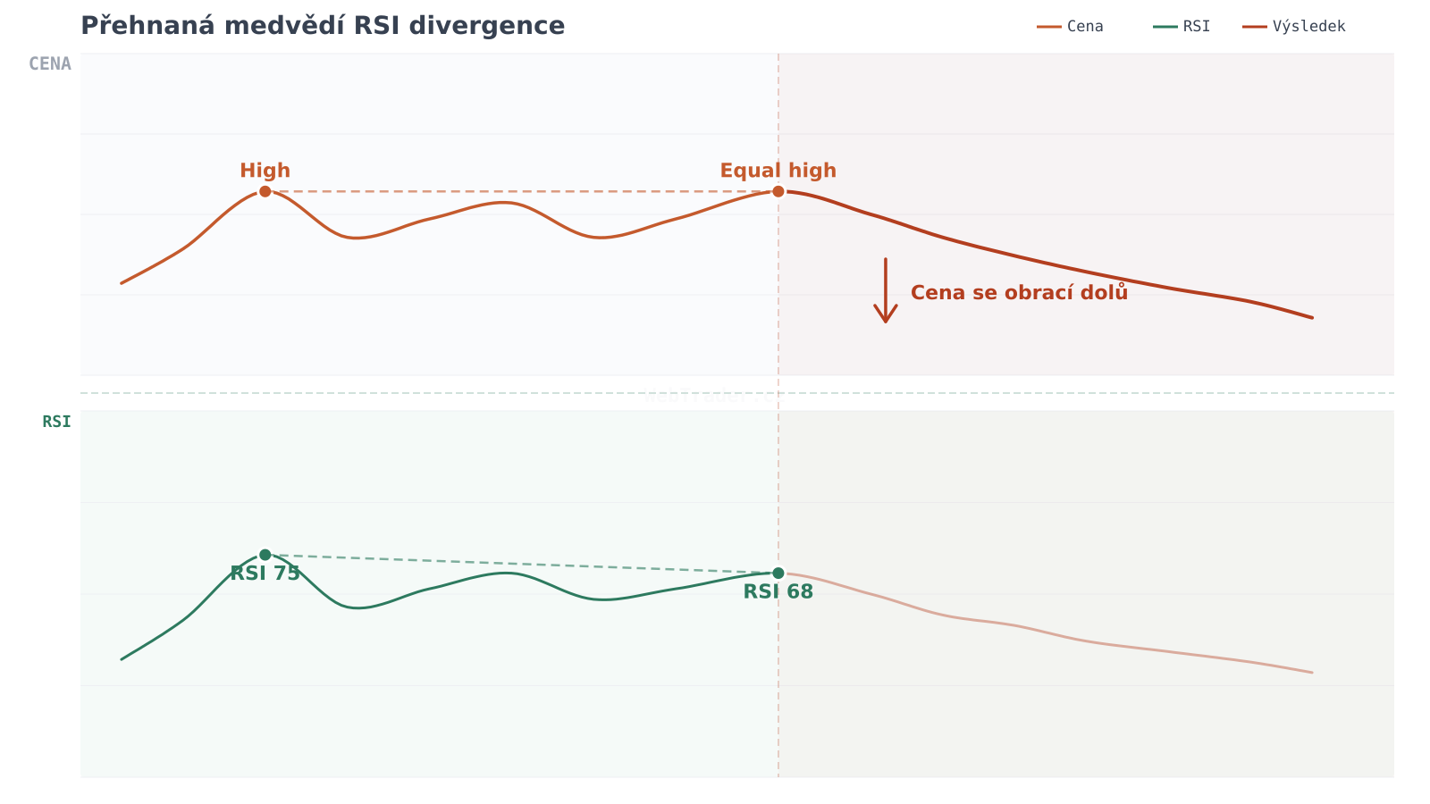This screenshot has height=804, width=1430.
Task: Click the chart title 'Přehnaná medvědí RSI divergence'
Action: pos(323,26)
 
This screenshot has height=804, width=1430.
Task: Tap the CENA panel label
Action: pos(50,64)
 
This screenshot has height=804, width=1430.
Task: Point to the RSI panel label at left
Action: pos(56,422)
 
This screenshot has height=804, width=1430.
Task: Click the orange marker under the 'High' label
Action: pos(265,191)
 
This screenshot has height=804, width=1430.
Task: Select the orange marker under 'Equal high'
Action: pos(778,191)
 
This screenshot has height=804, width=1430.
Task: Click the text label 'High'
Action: pos(265,171)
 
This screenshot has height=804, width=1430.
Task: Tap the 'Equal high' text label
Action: pos(778,171)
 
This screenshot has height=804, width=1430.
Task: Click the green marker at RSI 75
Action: pos(265,555)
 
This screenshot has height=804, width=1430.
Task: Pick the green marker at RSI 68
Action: pos(778,573)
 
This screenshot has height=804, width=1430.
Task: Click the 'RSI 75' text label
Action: pos(265,574)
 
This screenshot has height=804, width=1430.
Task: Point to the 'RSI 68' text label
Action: pos(778,592)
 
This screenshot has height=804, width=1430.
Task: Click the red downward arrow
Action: pos(886,291)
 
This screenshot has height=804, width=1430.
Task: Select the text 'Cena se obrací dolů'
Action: pos(1019,293)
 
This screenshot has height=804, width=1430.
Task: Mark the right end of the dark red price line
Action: pos(1312,317)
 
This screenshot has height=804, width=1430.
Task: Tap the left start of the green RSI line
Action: pos(122,659)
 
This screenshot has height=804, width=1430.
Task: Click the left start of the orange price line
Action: pos(122,283)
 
